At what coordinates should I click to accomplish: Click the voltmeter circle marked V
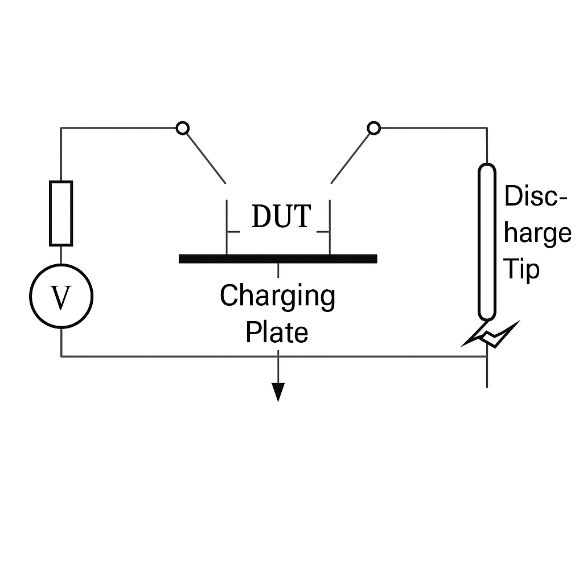[61, 296]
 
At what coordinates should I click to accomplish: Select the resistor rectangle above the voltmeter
[61, 213]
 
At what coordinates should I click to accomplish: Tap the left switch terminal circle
[182, 128]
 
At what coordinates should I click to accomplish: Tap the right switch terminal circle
[373, 128]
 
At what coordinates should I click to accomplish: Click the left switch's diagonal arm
[205, 157]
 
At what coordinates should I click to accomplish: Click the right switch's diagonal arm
[351, 157]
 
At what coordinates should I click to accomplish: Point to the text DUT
[281, 216]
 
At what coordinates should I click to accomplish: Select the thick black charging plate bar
[278, 258]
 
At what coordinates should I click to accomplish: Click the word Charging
[277, 296]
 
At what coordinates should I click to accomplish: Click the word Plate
[277, 332]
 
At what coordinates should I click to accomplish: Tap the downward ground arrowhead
[278, 392]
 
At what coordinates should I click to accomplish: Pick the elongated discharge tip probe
[487, 241]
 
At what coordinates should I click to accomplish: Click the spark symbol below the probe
[491, 336]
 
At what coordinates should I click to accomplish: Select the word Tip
[522, 269]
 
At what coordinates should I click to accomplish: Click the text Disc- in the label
[536, 197]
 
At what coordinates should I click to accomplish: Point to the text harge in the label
[537, 233]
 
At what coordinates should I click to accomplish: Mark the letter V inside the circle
[61, 297]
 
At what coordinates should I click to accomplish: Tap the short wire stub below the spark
[487, 373]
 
